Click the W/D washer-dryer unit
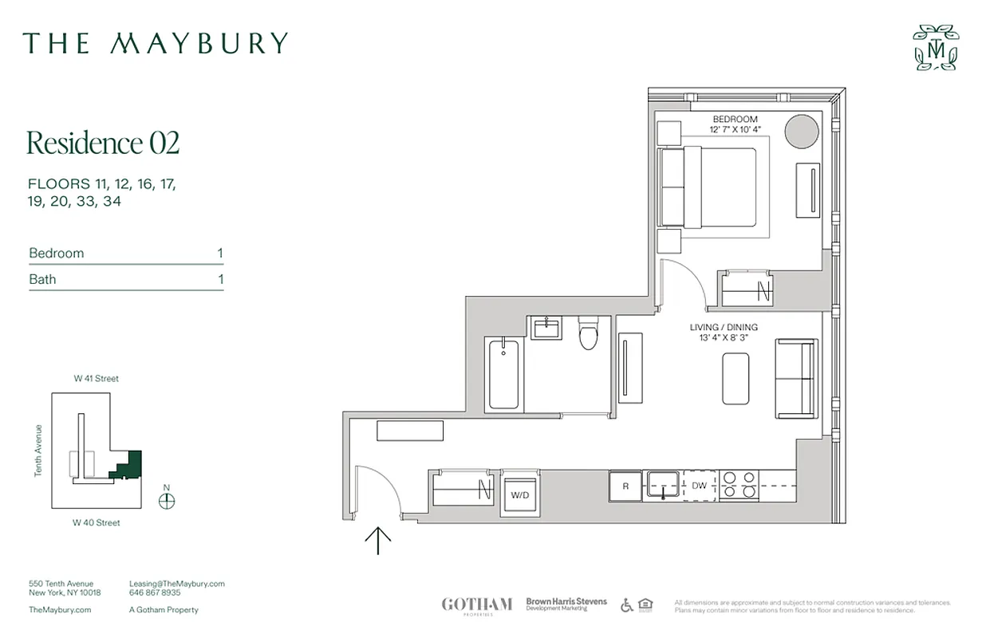(519, 494)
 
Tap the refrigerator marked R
(625, 486)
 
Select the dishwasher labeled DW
(700, 486)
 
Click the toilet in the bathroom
(589, 335)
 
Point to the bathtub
(503, 373)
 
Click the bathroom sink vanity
(546, 327)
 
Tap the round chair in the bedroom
(801, 131)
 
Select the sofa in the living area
(797, 378)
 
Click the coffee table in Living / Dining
(736, 379)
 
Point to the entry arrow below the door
(378, 541)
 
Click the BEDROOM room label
(735, 120)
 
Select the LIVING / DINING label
(724, 328)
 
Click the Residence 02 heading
(103, 143)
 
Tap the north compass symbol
(167, 501)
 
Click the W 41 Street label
(96, 379)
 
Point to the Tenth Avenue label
(37, 451)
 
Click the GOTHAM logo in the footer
(476, 605)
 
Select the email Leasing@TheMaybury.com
(176, 584)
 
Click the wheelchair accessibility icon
(627, 605)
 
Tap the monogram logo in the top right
(937, 48)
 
